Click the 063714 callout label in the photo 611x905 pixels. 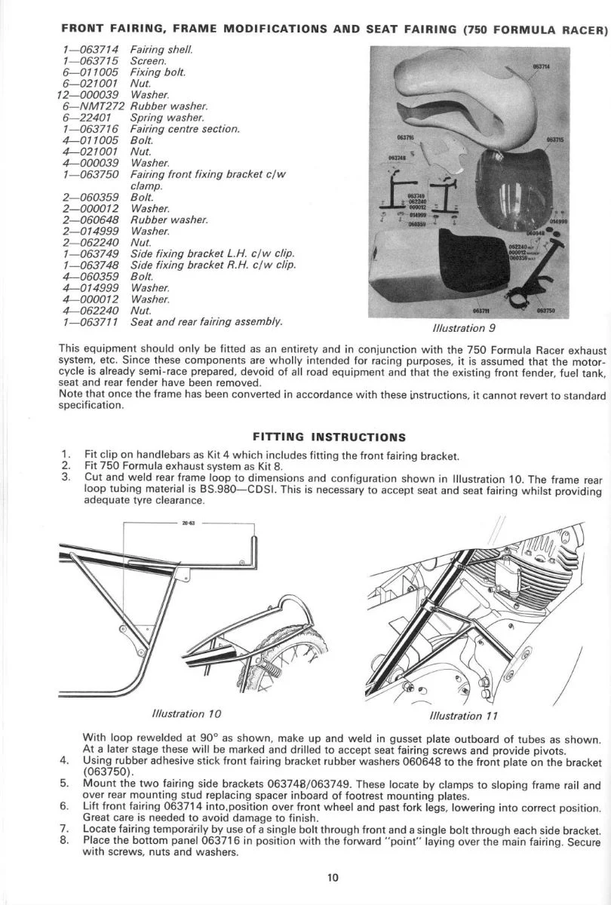click(x=541, y=66)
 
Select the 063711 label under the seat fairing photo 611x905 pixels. click(x=481, y=310)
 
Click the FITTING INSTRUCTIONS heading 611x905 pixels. click(x=330, y=437)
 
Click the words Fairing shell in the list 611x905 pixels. click(x=161, y=50)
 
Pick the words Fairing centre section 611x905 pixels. click(x=185, y=129)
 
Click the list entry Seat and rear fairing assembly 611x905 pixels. click(x=207, y=322)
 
